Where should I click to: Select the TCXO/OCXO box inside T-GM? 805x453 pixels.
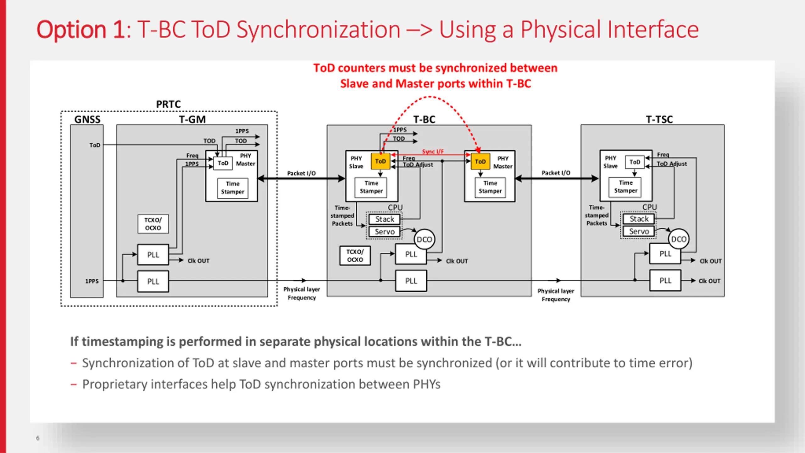pos(153,224)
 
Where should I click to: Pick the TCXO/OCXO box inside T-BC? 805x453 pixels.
pos(355,256)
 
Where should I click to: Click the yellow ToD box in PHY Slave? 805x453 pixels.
pos(380,161)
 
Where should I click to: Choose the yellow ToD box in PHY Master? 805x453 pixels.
pos(480,161)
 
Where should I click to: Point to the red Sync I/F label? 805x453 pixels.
pos(433,152)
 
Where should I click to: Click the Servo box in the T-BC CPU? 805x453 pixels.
pos(384,232)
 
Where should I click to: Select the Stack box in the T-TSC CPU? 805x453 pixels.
pos(639,219)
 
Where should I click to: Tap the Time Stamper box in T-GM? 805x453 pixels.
pos(232,188)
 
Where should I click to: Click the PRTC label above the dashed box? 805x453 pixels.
pos(169,104)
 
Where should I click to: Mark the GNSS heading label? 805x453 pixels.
pos(87,120)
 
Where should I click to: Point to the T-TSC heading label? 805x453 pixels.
pos(659,120)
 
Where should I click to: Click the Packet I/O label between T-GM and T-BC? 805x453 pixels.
pos(301,173)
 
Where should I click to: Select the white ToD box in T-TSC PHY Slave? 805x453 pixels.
pos(635,162)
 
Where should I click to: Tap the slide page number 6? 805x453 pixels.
pos(38,438)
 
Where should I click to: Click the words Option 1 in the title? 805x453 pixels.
pos(81,30)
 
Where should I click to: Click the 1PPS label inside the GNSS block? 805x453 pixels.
pos(92,281)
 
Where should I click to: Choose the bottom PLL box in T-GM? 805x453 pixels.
pos(153,282)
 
